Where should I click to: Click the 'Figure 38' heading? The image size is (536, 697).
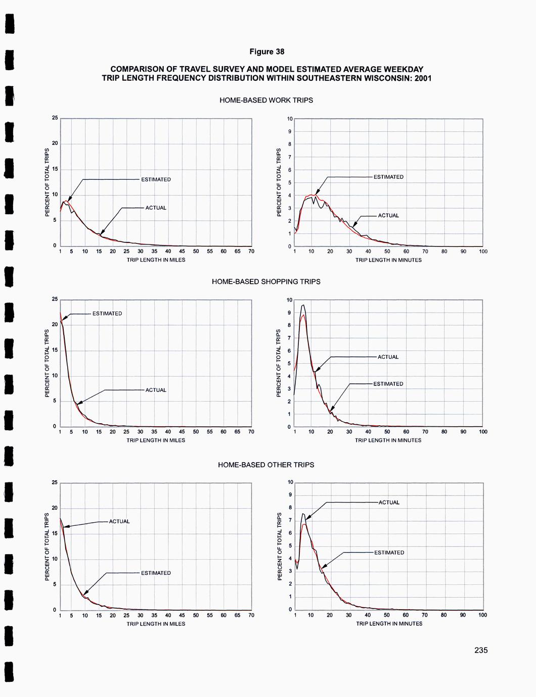(x=266, y=52)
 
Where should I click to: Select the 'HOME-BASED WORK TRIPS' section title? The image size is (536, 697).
(x=266, y=100)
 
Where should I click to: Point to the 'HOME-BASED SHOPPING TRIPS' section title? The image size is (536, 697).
(x=266, y=281)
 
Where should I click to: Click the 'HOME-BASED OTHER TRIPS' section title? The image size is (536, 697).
(x=266, y=465)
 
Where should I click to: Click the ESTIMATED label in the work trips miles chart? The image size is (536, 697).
(x=156, y=179)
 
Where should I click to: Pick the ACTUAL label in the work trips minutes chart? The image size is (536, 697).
(x=388, y=216)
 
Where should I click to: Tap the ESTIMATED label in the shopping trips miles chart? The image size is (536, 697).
(x=107, y=314)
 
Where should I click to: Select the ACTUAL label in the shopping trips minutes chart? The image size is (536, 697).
(x=388, y=357)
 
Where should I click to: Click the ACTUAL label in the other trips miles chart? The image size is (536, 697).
(x=119, y=521)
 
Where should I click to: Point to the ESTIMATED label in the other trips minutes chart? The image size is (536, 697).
(x=389, y=553)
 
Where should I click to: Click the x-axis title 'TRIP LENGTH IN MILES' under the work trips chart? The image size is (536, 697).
(x=156, y=260)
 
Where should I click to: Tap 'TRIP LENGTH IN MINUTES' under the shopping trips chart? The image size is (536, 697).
(x=388, y=440)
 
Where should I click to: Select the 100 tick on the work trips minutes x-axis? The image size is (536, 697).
(x=483, y=251)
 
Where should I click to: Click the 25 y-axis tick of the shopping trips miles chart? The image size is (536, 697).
(x=55, y=300)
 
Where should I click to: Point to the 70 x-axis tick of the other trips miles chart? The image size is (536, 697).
(x=251, y=615)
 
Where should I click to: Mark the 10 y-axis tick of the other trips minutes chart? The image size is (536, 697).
(x=290, y=482)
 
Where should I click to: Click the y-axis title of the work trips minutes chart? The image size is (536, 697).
(x=279, y=182)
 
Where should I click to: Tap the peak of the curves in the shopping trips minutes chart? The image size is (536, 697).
(x=303, y=306)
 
